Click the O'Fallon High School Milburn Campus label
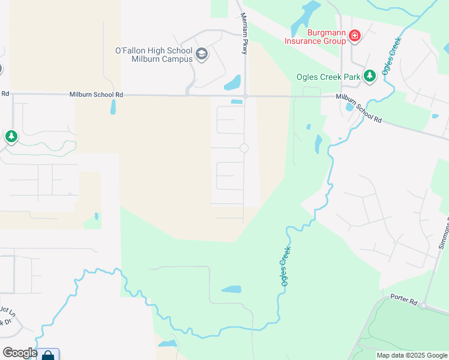pyautogui.click(x=154, y=55)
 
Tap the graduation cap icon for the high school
pyautogui.click(x=202, y=55)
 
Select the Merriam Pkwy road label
pyautogui.click(x=244, y=34)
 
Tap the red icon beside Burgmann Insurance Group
pyautogui.click(x=355, y=37)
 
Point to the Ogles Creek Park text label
pyautogui.click(x=328, y=77)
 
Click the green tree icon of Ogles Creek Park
pyautogui.click(x=370, y=76)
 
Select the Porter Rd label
pyautogui.click(x=403, y=297)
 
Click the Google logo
pyautogui.click(x=19, y=353)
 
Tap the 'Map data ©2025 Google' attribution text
pyautogui.click(x=411, y=355)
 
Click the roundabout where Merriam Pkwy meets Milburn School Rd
pyautogui.click(x=246, y=95)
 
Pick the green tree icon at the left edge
pyautogui.click(x=11, y=137)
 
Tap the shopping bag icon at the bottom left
pyautogui.click(x=48, y=355)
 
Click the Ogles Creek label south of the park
pyautogui.click(x=285, y=265)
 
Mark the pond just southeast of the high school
pyautogui.click(x=232, y=82)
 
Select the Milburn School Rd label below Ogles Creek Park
pyautogui.click(x=359, y=108)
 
